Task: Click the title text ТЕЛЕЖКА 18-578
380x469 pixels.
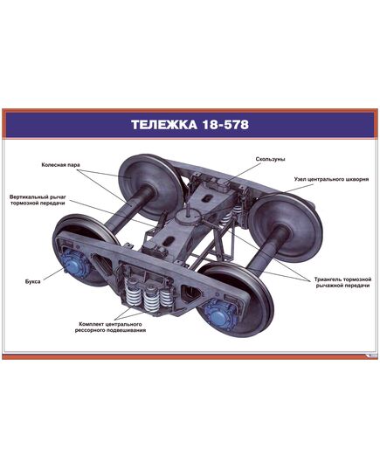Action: tap(190, 124)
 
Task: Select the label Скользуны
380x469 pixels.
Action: tap(272, 160)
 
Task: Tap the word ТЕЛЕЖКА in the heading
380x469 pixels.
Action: tap(162, 124)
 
